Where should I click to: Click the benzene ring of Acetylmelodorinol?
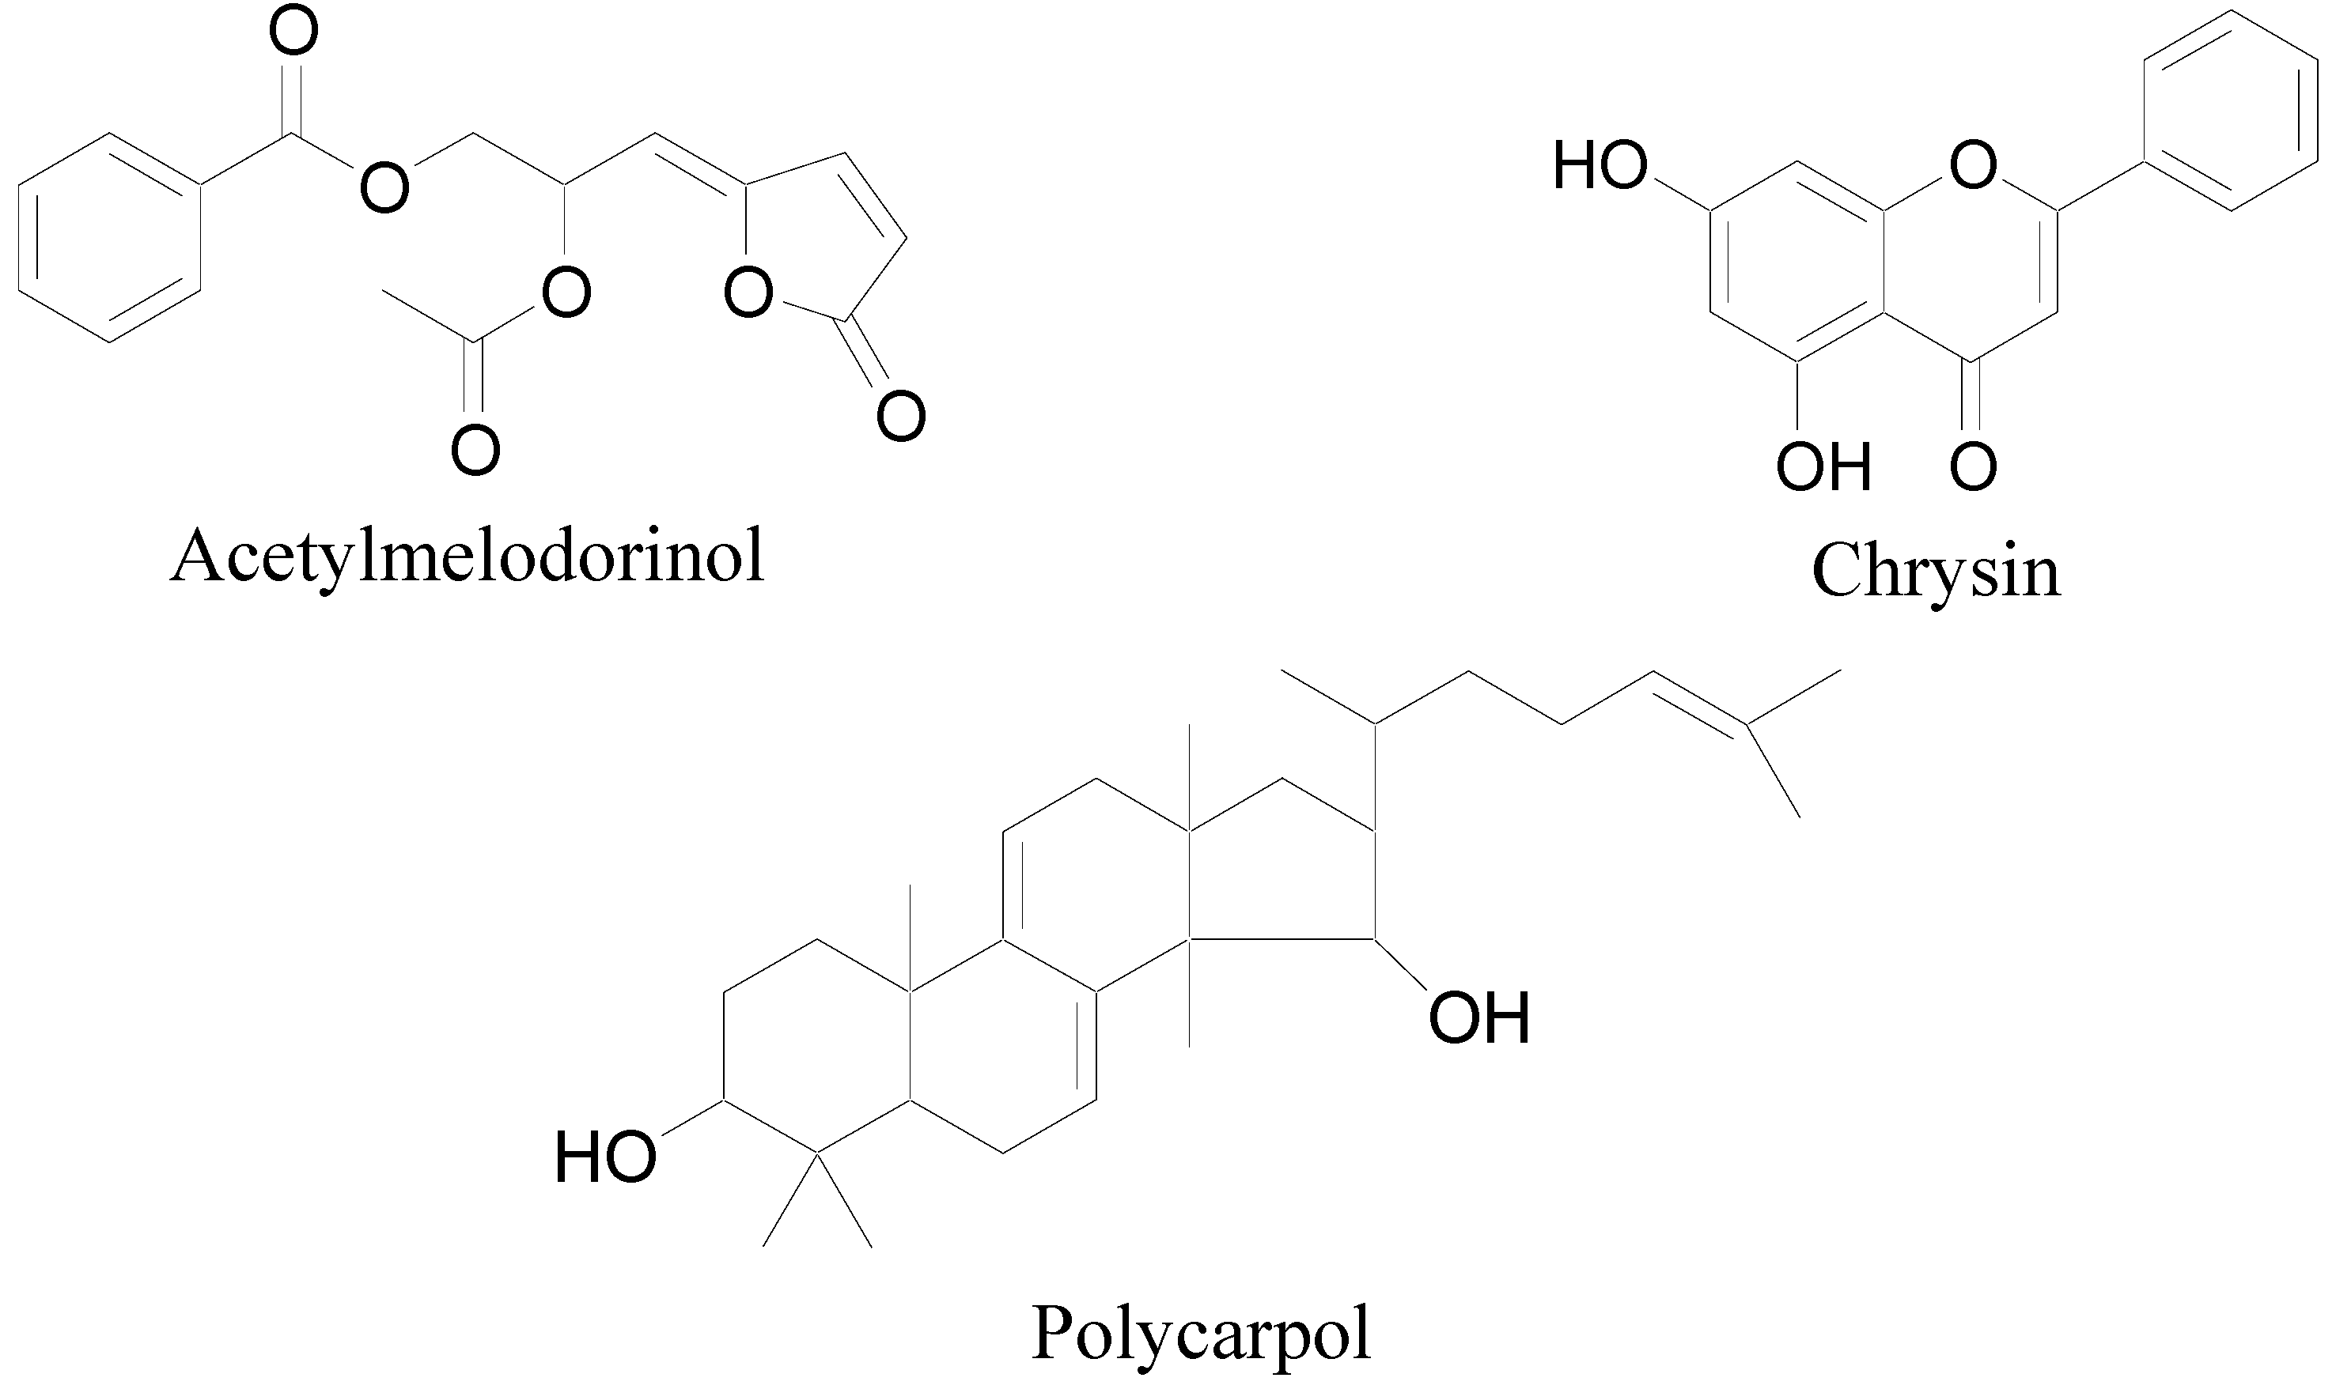point(109,238)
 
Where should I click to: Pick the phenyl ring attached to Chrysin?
point(2231,110)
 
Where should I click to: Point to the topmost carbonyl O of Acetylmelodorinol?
point(293,34)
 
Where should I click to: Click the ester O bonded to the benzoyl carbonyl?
point(384,187)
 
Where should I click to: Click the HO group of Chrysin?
point(1600,167)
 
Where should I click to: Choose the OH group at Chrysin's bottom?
point(1823,466)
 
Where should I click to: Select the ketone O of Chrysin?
point(1973,466)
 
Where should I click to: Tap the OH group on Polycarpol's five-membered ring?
point(1478,1017)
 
